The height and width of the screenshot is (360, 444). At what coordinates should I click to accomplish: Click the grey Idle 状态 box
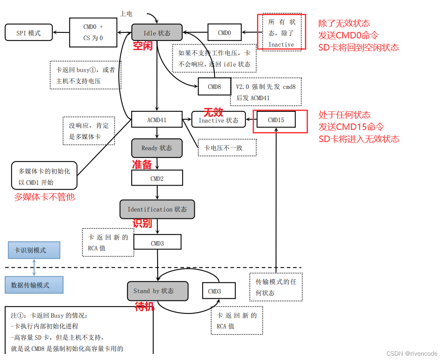click(157, 33)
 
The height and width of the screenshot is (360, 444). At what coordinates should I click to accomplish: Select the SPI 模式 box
click(29, 33)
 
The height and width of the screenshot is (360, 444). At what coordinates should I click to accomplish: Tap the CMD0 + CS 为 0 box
click(93, 32)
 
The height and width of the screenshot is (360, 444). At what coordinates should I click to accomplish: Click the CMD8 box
click(215, 87)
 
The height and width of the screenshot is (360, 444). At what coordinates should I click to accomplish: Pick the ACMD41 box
click(157, 120)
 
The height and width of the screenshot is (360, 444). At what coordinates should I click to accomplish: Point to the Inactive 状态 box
click(218, 120)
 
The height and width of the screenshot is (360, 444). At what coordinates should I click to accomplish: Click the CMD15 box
click(276, 120)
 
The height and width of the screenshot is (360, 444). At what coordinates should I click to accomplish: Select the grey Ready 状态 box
click(157, 148)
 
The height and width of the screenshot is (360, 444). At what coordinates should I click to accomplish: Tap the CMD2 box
click(157, 178)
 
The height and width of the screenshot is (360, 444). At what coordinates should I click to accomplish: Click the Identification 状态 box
click(157, 209)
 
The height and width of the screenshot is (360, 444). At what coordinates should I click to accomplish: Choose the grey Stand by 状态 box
click(158, 291)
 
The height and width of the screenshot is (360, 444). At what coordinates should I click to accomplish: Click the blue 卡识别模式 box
click(34, 250)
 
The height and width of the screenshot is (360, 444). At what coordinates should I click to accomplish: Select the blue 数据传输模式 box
click(34, 285)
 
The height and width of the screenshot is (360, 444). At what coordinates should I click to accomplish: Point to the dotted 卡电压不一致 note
click(227, 148)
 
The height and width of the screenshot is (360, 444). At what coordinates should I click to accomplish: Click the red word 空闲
click(143, 46)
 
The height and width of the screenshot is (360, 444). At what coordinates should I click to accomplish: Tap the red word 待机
click(145, 307)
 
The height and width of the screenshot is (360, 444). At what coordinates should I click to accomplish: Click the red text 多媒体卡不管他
click(44, 197)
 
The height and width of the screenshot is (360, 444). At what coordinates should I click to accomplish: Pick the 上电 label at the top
click(126, 13)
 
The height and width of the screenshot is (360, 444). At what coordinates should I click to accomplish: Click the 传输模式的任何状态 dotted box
click(276, 287)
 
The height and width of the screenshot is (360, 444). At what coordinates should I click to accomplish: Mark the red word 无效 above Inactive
click(213, 112)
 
